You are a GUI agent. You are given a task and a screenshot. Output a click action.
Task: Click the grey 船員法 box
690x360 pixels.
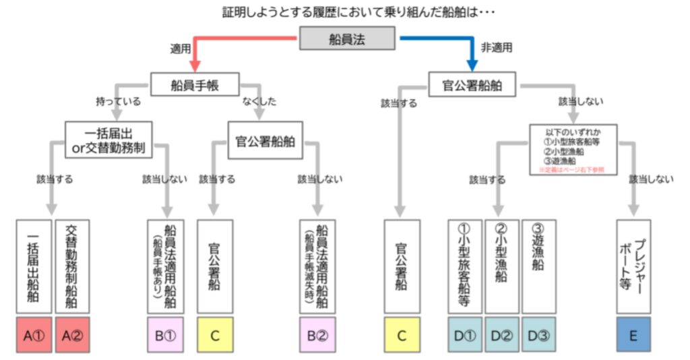[347, 38]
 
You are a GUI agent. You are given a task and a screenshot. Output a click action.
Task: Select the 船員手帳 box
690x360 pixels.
[195, 85]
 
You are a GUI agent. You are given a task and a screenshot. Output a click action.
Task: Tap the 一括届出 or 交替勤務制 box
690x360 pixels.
[108, 140]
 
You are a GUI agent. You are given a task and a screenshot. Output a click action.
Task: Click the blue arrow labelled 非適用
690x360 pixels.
[438, 39]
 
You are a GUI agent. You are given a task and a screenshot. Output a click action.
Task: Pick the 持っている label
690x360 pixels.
[119, 102]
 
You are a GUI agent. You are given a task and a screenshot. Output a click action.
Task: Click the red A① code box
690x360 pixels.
[33, 335]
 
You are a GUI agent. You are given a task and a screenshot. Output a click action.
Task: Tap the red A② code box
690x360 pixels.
[71, 335]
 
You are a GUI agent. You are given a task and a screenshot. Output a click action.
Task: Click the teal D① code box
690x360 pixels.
[465, 335]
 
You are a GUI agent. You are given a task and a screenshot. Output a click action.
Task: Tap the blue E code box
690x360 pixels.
[633, 335]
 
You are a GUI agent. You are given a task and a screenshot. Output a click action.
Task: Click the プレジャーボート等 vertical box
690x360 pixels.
[633, 266]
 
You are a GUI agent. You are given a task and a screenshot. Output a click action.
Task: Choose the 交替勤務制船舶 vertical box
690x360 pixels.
[71, 266]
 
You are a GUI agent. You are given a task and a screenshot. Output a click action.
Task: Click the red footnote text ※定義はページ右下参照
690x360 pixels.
[571, 170]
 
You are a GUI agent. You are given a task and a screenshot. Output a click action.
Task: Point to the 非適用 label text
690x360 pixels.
[496, 48]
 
